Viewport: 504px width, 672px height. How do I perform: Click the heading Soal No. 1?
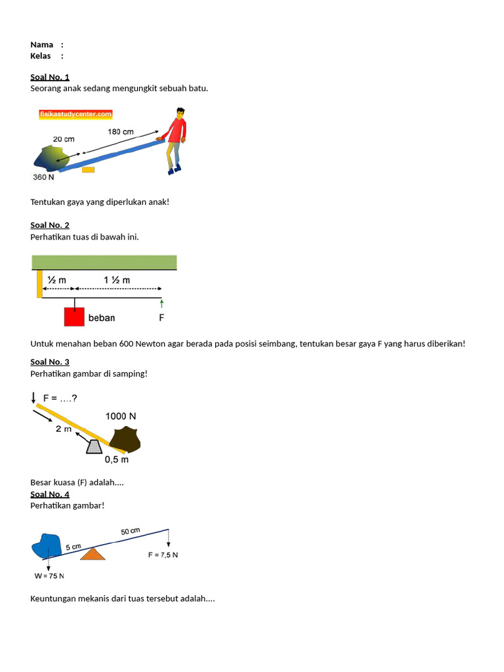pos(50,77)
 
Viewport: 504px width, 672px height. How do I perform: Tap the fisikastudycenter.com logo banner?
pos(75,114)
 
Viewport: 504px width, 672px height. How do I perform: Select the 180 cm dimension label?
pos(120,132)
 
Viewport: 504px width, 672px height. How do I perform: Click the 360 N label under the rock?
pos(43,177)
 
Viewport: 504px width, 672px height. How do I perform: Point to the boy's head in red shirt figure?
pos(177,123)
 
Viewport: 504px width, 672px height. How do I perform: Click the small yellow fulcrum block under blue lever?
pos(88,169)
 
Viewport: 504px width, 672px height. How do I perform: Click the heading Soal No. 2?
pos(50,225)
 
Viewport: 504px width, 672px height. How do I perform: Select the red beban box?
pos(74,316)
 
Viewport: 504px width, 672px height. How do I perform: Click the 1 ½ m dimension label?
pos(117,280)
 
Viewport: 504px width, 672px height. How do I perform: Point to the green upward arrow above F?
pos(161,303)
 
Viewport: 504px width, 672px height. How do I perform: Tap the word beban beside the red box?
pos(102,318)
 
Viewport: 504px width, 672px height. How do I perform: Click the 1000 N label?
pos(121,416)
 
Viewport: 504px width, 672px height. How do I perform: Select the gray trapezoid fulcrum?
pos(94,446)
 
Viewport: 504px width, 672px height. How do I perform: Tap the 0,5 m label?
pos(117,459)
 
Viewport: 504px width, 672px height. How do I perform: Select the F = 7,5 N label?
pos(163,555)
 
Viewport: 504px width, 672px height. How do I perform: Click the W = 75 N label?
pos(49,576)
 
